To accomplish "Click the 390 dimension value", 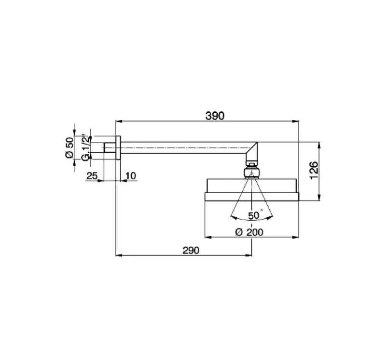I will [215, 116].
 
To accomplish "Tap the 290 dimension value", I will [191, 250].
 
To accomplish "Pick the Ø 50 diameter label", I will [69, 147].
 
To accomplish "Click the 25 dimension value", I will [92, 176].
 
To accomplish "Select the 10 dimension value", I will [130, 176].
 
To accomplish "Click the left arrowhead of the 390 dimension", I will [118, 120].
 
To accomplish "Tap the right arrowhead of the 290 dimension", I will [249, 255].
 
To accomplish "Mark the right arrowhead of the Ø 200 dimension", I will [297, 237].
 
